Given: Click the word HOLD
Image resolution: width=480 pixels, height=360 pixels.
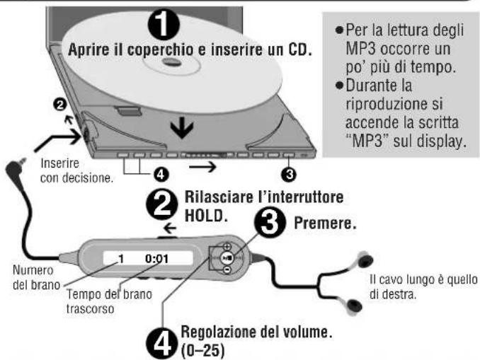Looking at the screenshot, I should click(x=204, y=214).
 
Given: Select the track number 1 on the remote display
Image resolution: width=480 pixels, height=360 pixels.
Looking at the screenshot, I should click(x=120, y=259).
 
